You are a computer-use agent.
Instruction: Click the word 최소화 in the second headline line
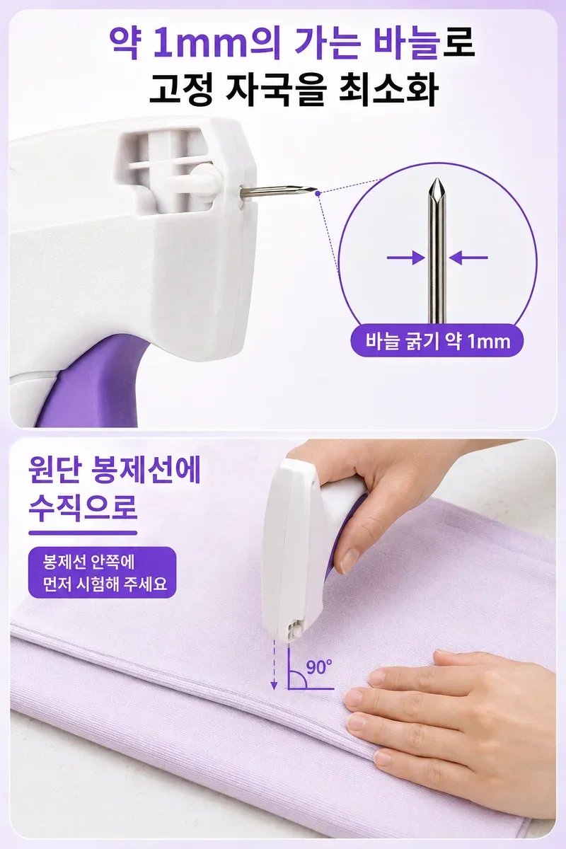tap(388, 91)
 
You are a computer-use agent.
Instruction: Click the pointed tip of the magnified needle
tap(437, 179)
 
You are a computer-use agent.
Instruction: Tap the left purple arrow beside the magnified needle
tap(405, 258)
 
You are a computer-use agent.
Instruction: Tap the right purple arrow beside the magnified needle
tap(468, 258)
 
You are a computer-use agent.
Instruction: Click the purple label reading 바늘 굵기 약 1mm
tap(437, 341)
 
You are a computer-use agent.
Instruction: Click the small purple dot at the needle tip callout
tap(318, 193)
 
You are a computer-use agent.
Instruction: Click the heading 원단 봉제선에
tap(114, 470)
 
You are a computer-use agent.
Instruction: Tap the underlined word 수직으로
tap(83, 507)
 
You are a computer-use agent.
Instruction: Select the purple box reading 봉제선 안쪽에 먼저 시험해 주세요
tap(103, 572)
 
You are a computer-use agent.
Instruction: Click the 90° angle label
tap(319, 666)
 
